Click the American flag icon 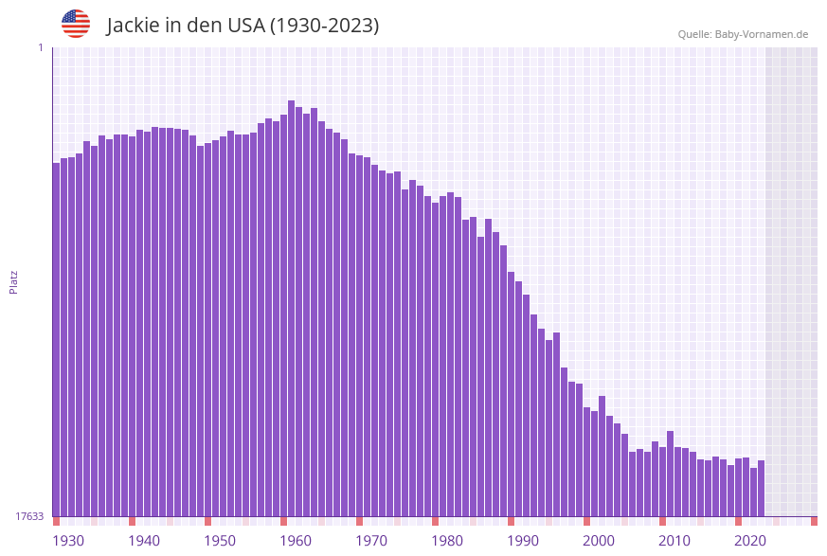coord(76,24)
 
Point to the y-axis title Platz coord(13,281)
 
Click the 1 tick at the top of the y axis coord(40,47)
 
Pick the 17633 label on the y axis coord(29,516)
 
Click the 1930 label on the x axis coord(68,541)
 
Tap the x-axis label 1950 coord(220,541)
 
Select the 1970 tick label coord(371,541)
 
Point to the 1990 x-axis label coord(523,541)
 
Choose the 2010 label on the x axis coord(674,541)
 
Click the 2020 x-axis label coord(750,541)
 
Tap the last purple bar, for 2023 coord(761,488)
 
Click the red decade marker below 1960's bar coord(283,521)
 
